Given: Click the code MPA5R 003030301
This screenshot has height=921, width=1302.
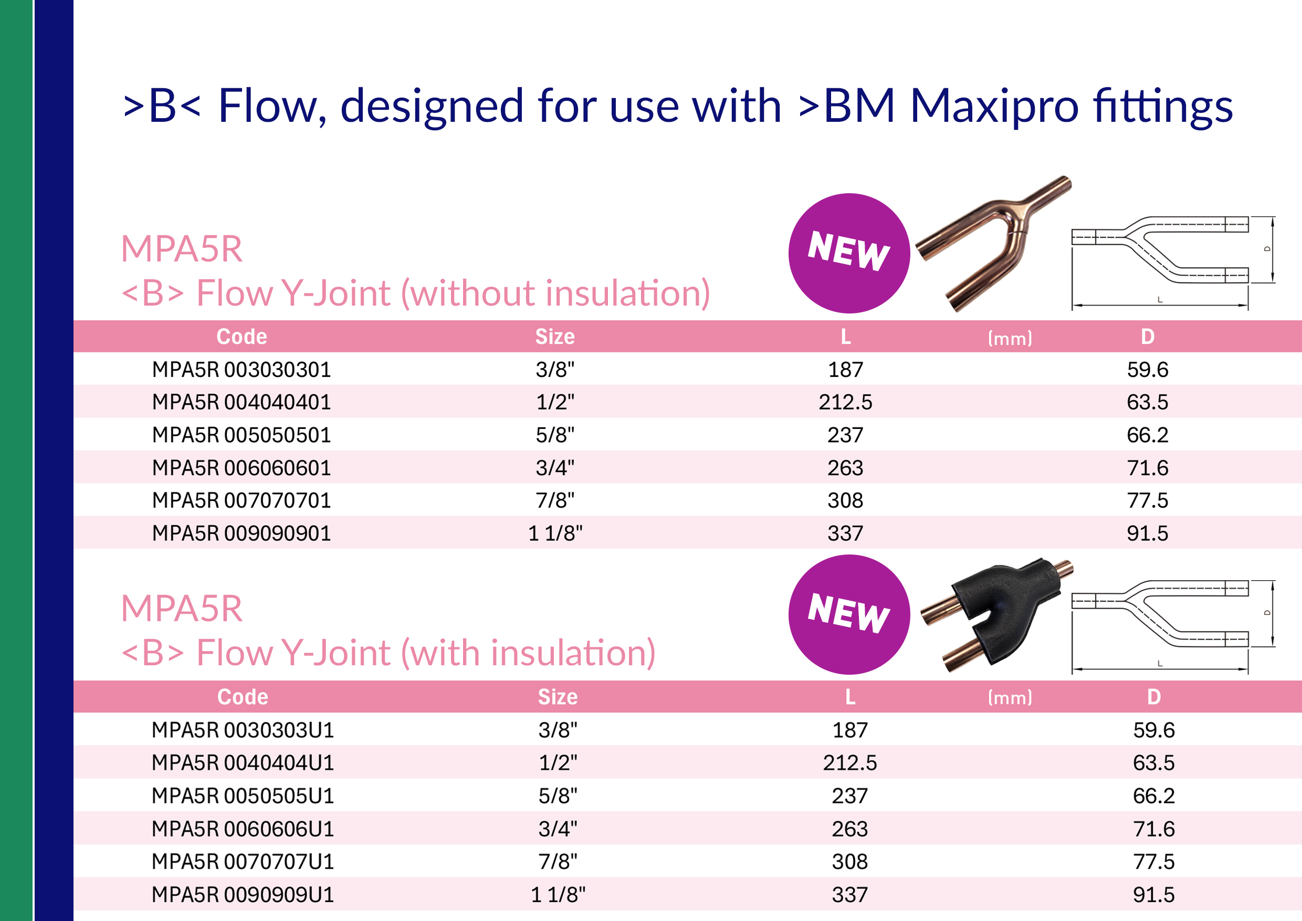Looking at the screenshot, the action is tap(241, 370).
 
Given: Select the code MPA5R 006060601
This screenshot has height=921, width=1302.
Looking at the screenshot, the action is tap(241, 468).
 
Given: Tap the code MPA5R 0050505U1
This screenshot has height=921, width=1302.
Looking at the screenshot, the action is tap(243, 796).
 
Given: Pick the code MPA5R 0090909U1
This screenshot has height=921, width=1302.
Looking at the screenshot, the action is tap(243, 894).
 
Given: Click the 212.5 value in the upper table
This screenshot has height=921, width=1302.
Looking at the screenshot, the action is tap(845, 402).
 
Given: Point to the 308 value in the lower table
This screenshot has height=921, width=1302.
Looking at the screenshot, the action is tap(850, 862).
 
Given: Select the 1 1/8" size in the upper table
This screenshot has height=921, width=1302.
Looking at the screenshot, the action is tap(555, 533).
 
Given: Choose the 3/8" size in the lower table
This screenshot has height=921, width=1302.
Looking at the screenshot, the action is tap(558, 730).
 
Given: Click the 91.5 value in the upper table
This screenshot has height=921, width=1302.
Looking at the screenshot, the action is tap(1148, 533).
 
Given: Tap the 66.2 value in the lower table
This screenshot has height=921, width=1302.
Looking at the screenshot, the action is tap(1154, 796).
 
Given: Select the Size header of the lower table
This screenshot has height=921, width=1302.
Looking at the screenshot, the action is tap(558, 696).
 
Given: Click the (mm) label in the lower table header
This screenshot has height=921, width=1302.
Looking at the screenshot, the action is tap(1010, 697).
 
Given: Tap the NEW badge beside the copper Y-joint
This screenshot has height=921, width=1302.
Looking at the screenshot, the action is tap(849, 253).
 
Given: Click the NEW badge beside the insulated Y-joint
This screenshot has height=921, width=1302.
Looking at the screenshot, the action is tap(849, 614).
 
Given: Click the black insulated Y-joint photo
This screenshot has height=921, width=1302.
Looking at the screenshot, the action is tap(998, 615).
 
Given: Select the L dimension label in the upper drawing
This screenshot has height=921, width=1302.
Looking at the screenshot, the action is tap(1160, 299).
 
